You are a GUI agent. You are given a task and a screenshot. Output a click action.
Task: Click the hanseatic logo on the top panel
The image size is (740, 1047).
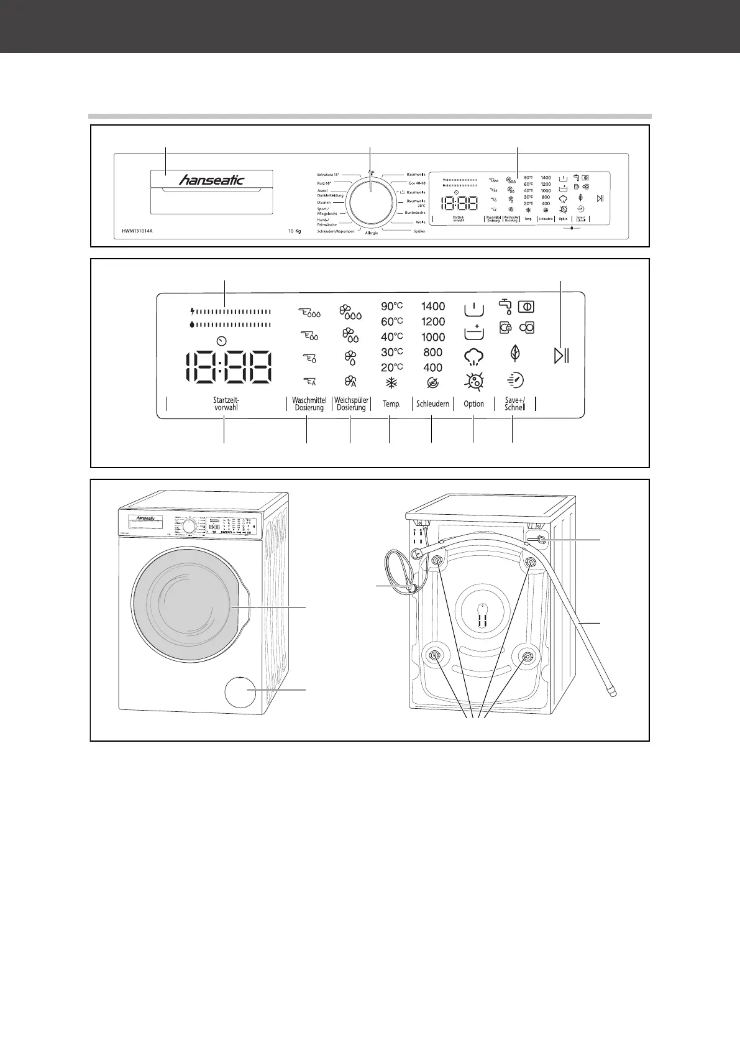(x=212, y=180)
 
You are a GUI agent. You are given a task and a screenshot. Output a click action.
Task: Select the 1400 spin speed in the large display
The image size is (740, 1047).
(x=433, y=306)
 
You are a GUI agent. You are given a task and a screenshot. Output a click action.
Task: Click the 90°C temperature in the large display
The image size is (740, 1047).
(x=392, y=306)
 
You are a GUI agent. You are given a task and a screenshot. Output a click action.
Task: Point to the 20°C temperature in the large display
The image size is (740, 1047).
(x=392, y=367)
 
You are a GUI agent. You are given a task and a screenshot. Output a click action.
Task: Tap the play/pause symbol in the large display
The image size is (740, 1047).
(x=562, y=356)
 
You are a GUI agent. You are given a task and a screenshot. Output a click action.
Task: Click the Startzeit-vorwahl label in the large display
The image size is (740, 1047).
(x=226, y=404)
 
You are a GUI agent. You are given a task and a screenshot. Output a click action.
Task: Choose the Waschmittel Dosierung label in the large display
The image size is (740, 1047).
(x=309, y=404)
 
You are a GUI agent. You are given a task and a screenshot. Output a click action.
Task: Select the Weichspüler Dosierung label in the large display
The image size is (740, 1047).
(x=351, y=404)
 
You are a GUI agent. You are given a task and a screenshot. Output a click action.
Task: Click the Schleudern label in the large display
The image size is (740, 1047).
(x=432, y=404)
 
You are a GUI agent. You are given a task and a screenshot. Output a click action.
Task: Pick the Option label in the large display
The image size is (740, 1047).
(x=473, y=404)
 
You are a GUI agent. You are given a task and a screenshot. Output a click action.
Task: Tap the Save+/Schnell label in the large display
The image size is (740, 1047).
(x=514, y=404)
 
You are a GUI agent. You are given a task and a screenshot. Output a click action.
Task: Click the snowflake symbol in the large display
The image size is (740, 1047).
(x=392, y=384)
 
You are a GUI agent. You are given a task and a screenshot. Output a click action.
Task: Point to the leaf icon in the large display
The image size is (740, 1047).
(x=514, y=353)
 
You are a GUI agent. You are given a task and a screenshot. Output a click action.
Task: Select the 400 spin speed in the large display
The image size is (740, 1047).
(x=433, y=367)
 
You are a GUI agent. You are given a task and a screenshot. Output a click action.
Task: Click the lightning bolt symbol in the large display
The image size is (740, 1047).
(x=193, y=311)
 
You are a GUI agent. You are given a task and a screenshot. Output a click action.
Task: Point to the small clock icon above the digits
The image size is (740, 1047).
(x=222, y=341)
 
